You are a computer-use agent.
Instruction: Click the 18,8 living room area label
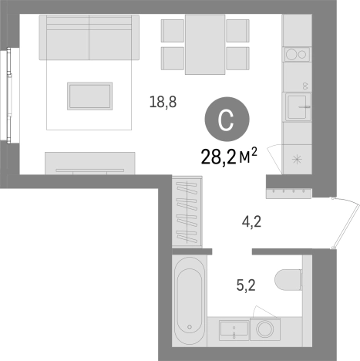pos(163,102)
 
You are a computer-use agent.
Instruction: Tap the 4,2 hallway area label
pos(251,221)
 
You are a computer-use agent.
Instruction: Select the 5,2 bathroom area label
pos(246,285)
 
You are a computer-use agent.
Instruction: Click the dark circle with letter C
pos(227,120)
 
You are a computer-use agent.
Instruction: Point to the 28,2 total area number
pos(219,157)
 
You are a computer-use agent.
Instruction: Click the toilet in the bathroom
pos(288,279)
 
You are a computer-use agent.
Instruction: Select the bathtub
pos(190,300)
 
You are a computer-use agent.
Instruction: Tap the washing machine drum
pos(265,329)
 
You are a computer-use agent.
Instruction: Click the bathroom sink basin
pos(234,331)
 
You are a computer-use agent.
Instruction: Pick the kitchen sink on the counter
pos(298,106)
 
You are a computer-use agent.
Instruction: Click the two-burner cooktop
pos(297,54)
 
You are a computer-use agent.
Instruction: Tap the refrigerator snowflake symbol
pos(297,160)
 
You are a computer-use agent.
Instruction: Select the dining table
pos(205,45)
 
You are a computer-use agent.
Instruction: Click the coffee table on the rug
pos(89,96)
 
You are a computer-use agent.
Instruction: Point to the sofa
pos(89,37)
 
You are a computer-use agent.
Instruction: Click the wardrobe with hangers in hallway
pos(187,211)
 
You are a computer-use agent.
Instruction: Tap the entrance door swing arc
pos(346,223)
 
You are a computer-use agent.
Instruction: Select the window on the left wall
pos(9,96)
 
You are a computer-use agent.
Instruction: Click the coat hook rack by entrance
pos(288,194)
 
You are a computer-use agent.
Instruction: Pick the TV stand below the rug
pos(90,164)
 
